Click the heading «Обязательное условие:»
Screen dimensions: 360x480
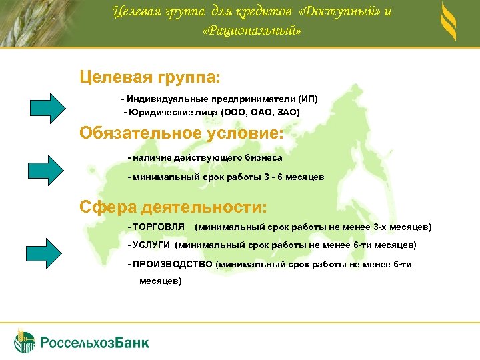coord(181,133)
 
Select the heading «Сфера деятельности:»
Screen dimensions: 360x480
coord(173,205)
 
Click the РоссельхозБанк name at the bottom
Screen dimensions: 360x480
coord(95,343)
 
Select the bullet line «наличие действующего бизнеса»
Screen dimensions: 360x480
coord(206,158)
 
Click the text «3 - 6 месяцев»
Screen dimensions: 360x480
coord(293,177)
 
